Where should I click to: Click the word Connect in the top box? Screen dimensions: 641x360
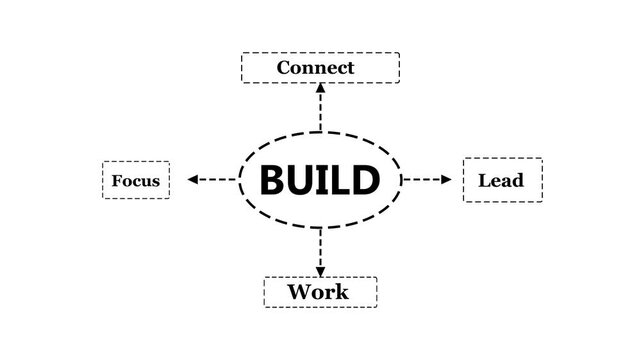pyautogui.click(x=315, y=68)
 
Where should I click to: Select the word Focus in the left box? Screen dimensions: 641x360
pyautogui.click(x=136, y=181)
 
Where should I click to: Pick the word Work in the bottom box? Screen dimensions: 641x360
pyautogui.click(x=318, y=292)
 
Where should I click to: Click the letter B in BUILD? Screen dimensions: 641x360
pyautogui.click(x=274, y=180)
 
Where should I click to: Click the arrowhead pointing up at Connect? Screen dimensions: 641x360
pyautogui.click(x=320, y=88)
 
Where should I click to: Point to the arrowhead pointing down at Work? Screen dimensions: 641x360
pyautogui.click(x=320, y=271)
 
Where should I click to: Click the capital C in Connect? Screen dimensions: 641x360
pyautogui.click(x=284, y=68)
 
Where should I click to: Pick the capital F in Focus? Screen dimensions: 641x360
pyautogui.click(x=117, y=181)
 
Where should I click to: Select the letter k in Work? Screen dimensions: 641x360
pyautogui.click(x=342, y=292)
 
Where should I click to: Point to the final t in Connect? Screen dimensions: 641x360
pyautogui.click(x=350, y=68)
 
